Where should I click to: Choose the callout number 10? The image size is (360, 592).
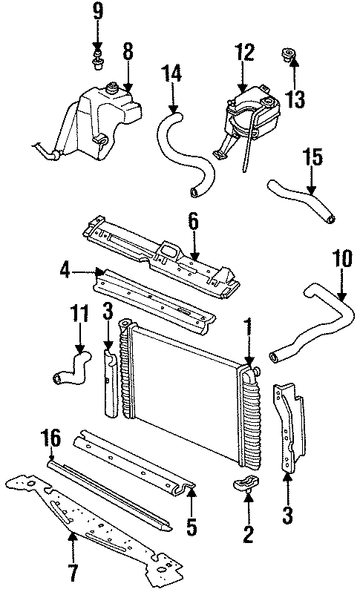coord(341,260)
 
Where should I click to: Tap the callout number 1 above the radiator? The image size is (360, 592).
coord(248,327)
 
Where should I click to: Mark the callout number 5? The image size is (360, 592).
coord(192,527)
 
